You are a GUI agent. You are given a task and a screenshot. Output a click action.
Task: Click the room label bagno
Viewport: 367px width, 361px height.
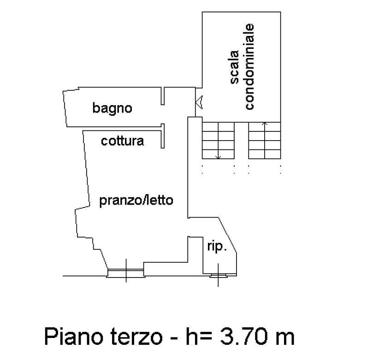pos(112,109)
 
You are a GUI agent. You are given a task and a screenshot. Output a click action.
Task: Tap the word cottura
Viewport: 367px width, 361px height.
pos(123,141)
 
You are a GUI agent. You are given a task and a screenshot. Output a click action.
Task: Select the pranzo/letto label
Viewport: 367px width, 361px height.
pos(136,201)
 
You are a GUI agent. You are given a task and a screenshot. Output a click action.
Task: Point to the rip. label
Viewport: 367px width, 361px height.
pos(217,247)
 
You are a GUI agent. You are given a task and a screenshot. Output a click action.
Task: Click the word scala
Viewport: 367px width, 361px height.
pos(234,67)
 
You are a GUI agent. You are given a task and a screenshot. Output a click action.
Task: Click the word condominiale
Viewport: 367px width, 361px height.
pos(249,66)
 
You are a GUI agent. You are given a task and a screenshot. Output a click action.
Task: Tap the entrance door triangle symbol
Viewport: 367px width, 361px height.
pos(199,102)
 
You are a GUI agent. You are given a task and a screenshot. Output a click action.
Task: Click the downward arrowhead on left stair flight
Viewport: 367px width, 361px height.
pos(218,157)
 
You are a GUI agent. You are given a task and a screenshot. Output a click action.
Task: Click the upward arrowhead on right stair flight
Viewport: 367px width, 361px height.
pos(265,124)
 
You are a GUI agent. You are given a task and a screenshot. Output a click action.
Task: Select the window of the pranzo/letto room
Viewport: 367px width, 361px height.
pos(126,273)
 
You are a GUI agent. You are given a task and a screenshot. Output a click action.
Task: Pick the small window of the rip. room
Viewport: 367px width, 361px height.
pos(218,275)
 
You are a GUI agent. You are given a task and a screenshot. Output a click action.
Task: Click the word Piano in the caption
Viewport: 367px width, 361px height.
pos(74,337)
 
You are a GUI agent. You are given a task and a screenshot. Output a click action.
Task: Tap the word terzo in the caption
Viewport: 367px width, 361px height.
pos(136,337)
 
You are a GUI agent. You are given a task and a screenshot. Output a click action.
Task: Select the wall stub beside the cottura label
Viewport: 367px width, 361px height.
pos(163,136)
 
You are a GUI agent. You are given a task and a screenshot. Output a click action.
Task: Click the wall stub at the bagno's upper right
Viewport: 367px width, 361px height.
pos(163,96)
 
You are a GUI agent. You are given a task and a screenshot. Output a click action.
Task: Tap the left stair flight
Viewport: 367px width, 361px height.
pos(218,141)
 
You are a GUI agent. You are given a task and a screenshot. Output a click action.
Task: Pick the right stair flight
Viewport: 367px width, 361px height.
pos(265,141)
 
